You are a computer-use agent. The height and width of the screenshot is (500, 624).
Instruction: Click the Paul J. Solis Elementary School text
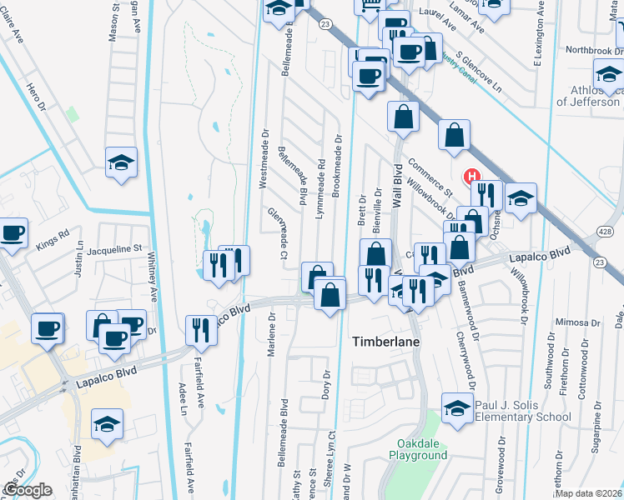[x=522, y=411]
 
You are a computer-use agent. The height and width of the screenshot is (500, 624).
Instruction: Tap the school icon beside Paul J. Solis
[x=457, y=407]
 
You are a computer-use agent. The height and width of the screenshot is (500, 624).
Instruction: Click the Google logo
[x=28, y=489]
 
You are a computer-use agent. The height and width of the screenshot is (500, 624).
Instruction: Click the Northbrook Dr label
[x=589, y=50]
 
